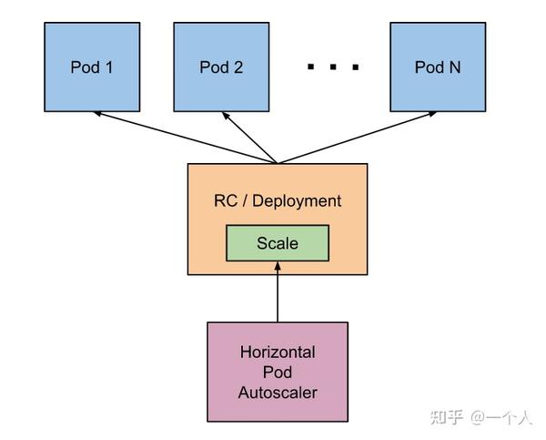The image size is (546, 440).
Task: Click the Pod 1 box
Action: click(x=92, y=67)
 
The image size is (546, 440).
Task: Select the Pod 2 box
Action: click(x=221, y=67)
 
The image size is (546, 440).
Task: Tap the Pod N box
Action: click(x=438, y=67)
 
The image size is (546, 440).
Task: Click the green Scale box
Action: click(x=278, y=243)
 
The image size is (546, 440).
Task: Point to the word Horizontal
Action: click(x=278, y=353)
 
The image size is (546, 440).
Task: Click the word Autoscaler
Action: click(x=278, y=393)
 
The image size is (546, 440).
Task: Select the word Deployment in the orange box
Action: click(x=297, y=201)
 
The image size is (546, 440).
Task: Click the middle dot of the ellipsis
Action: click(x=333, y=67)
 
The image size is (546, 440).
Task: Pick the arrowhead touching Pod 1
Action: click(x=97, y=113)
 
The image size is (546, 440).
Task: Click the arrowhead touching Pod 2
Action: click(x=226, y=116)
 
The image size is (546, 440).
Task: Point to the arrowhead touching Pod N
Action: click(x=432, y=113)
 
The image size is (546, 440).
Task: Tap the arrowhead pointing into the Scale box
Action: click(x=278, y=266)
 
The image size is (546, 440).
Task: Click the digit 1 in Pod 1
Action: click(x=109, y=67)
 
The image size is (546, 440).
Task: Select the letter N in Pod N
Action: click(x=455, y=67)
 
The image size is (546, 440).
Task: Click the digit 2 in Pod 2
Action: click(x=238, y=67)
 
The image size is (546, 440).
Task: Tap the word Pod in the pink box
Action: click(x=278, y=373)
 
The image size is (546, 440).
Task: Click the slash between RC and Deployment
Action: click(x=245, y=201)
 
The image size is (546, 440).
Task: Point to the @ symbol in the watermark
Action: click(x=478, y=417)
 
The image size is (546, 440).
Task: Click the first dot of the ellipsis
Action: click(x=310, y=67)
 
